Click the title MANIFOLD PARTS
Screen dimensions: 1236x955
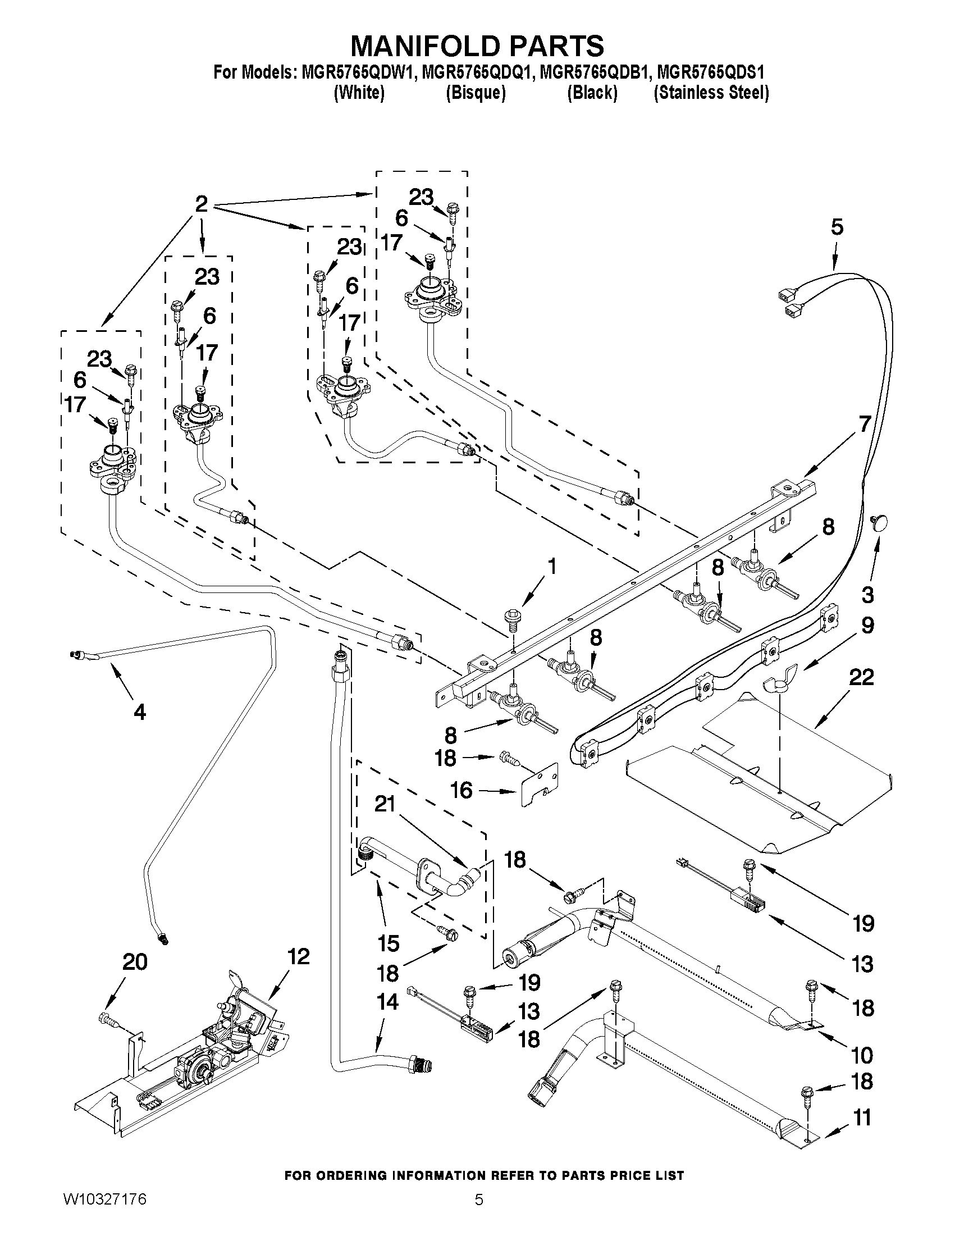(x=477, y=45)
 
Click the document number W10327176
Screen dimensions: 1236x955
(x=104, y=1215)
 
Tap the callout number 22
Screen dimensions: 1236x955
(x=861, y=677)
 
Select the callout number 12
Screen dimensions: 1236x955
(x=298, y=956)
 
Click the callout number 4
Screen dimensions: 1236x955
(x=139, y=712)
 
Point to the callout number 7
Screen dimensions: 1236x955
(x=864, y=423)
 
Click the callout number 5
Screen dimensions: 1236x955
(x=837, y=227)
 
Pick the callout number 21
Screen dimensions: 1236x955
(x=385, y=804)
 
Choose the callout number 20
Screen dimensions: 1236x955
(x=135, y=961)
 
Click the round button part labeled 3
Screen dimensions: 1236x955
(x=878, y=524)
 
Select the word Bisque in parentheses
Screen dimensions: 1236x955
(x=475, y=92)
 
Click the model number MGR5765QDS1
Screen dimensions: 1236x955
(x=711, y=72)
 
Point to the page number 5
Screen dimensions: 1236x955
(x=479, y=1215)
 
